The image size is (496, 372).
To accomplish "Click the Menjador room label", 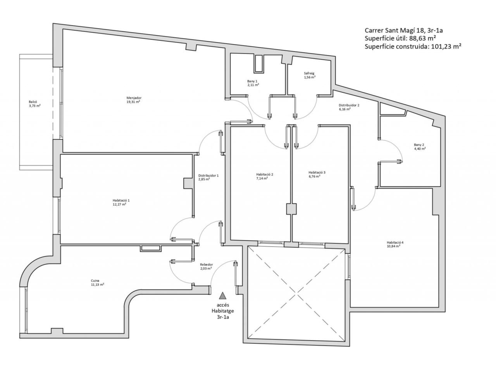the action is tap(134, 98).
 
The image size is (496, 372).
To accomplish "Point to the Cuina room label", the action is tap(95, 281).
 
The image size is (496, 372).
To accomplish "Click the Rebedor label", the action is tap(206, 265).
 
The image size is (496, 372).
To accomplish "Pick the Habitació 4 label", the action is tap(395, 243).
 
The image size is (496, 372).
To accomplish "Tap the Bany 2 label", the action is tap(419, 145).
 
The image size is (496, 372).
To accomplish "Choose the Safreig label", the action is tap(309, 73).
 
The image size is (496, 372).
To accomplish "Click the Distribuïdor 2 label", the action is tap(349, 105).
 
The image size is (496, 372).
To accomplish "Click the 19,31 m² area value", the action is tap(133, 102).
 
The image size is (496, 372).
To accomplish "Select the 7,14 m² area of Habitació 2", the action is tap(262, 178).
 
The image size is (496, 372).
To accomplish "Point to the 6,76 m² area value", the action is tap(314, 176).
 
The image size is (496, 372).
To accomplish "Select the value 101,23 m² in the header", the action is tap(446, 46).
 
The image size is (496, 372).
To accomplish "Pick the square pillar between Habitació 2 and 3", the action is tap(291, 209).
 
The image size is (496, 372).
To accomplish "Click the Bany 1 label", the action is tap(252, 81).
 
